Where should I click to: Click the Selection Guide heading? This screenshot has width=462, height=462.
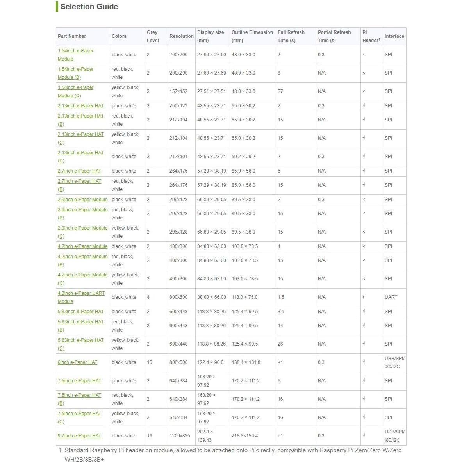89,7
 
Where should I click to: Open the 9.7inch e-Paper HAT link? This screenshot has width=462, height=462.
79,436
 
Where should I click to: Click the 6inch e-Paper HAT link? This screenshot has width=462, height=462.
77,362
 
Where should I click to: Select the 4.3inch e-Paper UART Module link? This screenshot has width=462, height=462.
81,293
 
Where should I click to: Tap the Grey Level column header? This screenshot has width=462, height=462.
153,36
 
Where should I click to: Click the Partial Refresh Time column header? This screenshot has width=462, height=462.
334,36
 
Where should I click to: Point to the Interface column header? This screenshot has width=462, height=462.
394,36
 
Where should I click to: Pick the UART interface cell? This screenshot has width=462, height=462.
391,297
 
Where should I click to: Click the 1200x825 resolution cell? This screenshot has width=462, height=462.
180,436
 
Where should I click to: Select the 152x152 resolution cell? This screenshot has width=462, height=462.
178,91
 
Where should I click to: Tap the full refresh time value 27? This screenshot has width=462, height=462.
280,91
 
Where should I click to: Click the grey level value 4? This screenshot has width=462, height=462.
148,297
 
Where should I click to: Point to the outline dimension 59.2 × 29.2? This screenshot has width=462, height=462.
243,157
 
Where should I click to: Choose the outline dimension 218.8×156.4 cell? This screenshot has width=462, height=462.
245,436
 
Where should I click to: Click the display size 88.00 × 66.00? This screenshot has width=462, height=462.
211,297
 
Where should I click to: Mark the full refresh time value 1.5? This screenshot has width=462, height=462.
281,297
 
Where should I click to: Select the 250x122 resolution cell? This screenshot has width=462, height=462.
178,106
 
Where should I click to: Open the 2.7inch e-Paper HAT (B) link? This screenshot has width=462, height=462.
79,181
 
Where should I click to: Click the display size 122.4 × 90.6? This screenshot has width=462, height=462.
210,362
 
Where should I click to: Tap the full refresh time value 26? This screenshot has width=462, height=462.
280,344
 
